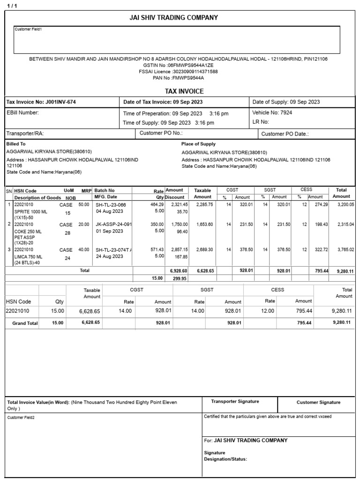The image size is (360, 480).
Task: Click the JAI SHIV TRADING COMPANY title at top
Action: (x=173, y=18)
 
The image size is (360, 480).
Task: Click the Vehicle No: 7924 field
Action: (x=272, y=113)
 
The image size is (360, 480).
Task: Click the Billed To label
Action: (x=16, y=144)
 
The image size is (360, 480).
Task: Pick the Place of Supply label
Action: (x=198, y=144)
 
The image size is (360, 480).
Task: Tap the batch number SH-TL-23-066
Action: (x=111, y=205)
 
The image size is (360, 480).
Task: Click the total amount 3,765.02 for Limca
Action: (x=345, y=250)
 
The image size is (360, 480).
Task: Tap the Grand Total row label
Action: (x=25, y=323)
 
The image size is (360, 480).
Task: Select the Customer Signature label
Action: (x=318, y=402)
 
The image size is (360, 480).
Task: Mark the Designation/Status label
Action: (x=225, y=459)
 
